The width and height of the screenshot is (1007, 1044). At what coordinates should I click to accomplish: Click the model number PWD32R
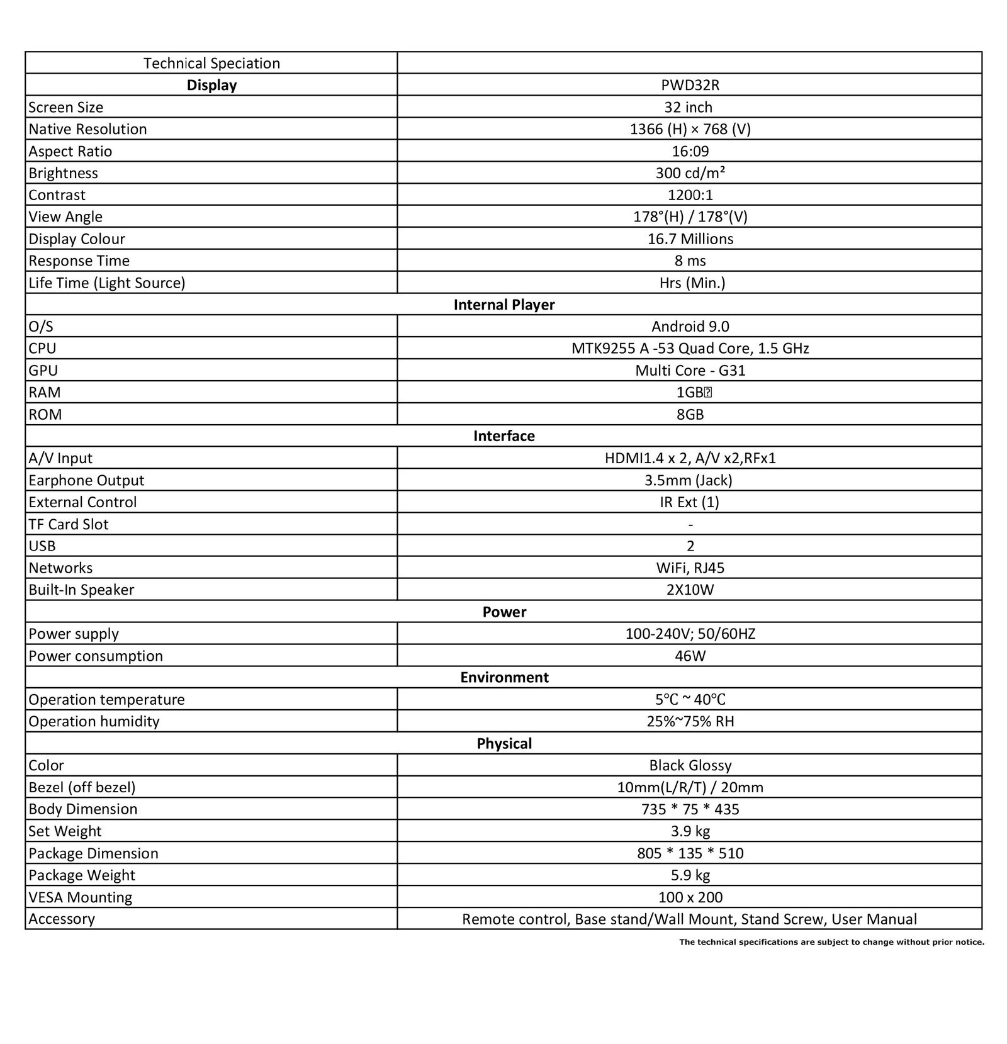pos(690,85)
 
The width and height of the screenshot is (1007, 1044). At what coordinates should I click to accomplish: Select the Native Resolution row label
pos(87,129)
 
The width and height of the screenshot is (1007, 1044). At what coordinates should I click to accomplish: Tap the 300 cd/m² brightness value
pos(690,173)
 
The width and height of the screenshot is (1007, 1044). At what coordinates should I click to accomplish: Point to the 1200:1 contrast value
pos(690,195)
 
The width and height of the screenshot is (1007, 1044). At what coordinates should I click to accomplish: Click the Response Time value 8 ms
pos(690,261)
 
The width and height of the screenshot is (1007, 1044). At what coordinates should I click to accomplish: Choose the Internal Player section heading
pos(503,305)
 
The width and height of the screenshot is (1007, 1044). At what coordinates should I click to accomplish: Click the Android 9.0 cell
pos(690,326)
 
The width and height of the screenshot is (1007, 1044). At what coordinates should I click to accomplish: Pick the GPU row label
pos(43,370)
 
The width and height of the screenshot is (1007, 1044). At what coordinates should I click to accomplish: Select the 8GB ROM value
pos(690,414)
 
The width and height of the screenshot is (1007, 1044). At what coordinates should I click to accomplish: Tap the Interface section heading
pos(503,436)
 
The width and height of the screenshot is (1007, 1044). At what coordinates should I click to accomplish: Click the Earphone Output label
pos(86,480)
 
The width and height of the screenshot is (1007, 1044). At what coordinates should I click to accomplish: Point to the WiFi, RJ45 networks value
pos(690,568)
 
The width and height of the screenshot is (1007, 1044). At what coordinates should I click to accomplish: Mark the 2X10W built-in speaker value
pos(690,590)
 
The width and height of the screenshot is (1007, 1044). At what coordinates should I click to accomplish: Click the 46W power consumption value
pos(690,656)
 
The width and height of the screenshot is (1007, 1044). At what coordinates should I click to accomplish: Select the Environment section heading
pos(503,677)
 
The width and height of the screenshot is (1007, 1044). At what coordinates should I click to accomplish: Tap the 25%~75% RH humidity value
pos(690,721)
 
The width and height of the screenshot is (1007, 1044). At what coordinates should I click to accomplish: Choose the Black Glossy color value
pos(690,765)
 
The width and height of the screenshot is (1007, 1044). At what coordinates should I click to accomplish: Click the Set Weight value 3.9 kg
pos(690,831)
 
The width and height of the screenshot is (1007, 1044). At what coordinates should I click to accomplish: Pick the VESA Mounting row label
pos(81,897)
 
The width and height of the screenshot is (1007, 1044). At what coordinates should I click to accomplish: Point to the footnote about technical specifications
pos(831,942)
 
